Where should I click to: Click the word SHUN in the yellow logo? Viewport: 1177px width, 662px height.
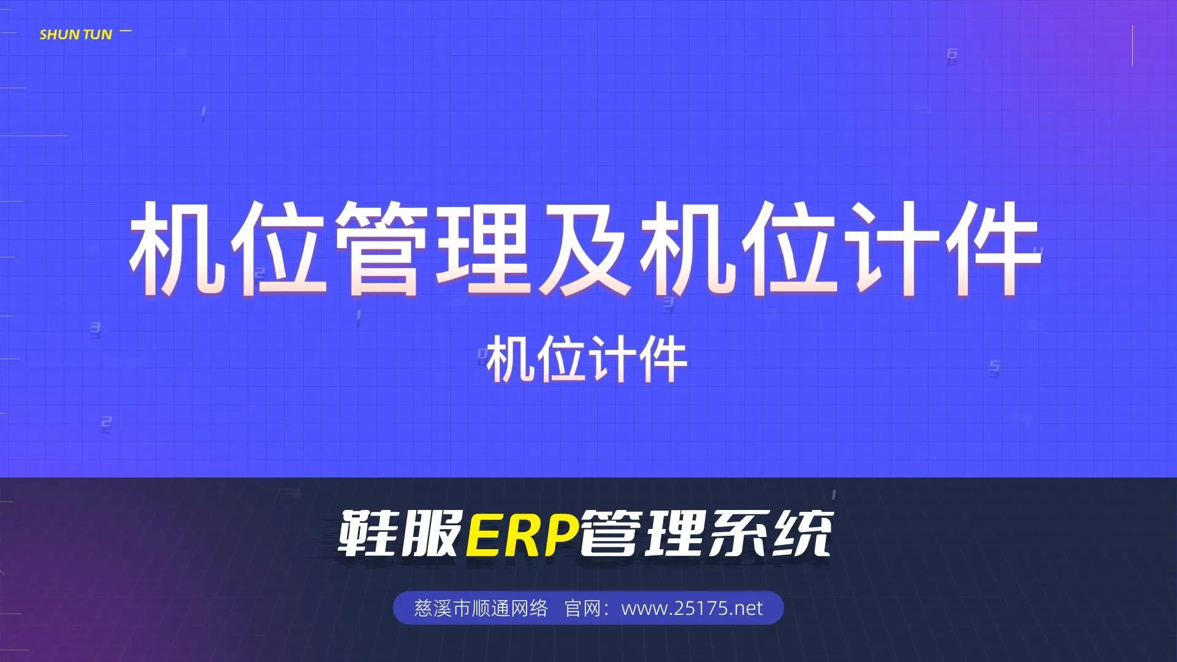click(59, 35)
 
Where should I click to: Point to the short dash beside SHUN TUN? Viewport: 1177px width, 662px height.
click(126, 31)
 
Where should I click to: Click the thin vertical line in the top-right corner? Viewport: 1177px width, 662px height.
click(1132, 46)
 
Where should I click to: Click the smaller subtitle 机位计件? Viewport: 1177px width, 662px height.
click(587, 360)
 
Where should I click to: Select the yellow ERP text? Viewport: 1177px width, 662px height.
click(522, 534)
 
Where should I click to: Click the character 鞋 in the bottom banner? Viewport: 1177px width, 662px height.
click(368, 534)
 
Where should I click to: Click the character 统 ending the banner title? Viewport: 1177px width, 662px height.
click(801, 534)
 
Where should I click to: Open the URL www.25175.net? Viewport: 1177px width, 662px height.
click(692, 608)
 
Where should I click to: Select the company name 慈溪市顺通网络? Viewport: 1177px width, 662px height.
click(481, 608)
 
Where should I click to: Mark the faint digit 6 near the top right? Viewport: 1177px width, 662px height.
click(952, 55)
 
